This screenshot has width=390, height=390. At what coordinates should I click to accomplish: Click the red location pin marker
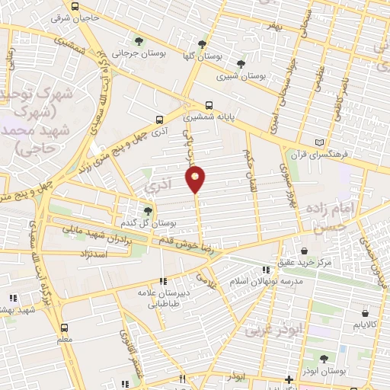tap(196, 178)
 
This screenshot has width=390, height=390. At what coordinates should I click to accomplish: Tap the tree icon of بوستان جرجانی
tap(138, 42)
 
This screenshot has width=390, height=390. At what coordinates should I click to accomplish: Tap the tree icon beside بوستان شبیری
tap(241, 64)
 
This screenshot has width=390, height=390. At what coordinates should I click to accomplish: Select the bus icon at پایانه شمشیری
tap(209, 107)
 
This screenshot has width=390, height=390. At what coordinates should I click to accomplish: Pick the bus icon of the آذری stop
tap(159, 120)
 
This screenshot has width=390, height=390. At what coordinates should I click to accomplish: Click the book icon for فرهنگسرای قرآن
tap(319, 142)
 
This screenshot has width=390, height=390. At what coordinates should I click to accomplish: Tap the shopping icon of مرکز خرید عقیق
tap(305, 251)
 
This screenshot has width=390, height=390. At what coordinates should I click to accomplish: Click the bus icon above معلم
tap(64, 328)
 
